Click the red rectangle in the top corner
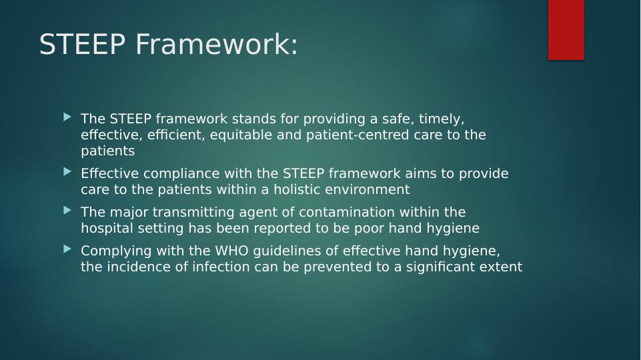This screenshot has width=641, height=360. [x=566, y=30]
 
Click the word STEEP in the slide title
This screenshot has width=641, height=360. [x=82, y=44]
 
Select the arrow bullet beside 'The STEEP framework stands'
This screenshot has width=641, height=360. [x=67, y=118]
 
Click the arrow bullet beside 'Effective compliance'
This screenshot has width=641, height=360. [x=67, y=172]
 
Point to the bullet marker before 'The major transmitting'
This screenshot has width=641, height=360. [x=67, y=211]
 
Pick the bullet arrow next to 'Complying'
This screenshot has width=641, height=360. [x=67, y=249]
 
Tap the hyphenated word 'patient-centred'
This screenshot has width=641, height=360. [x=358, y=135]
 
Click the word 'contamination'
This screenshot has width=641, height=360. [x=347, y=212]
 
